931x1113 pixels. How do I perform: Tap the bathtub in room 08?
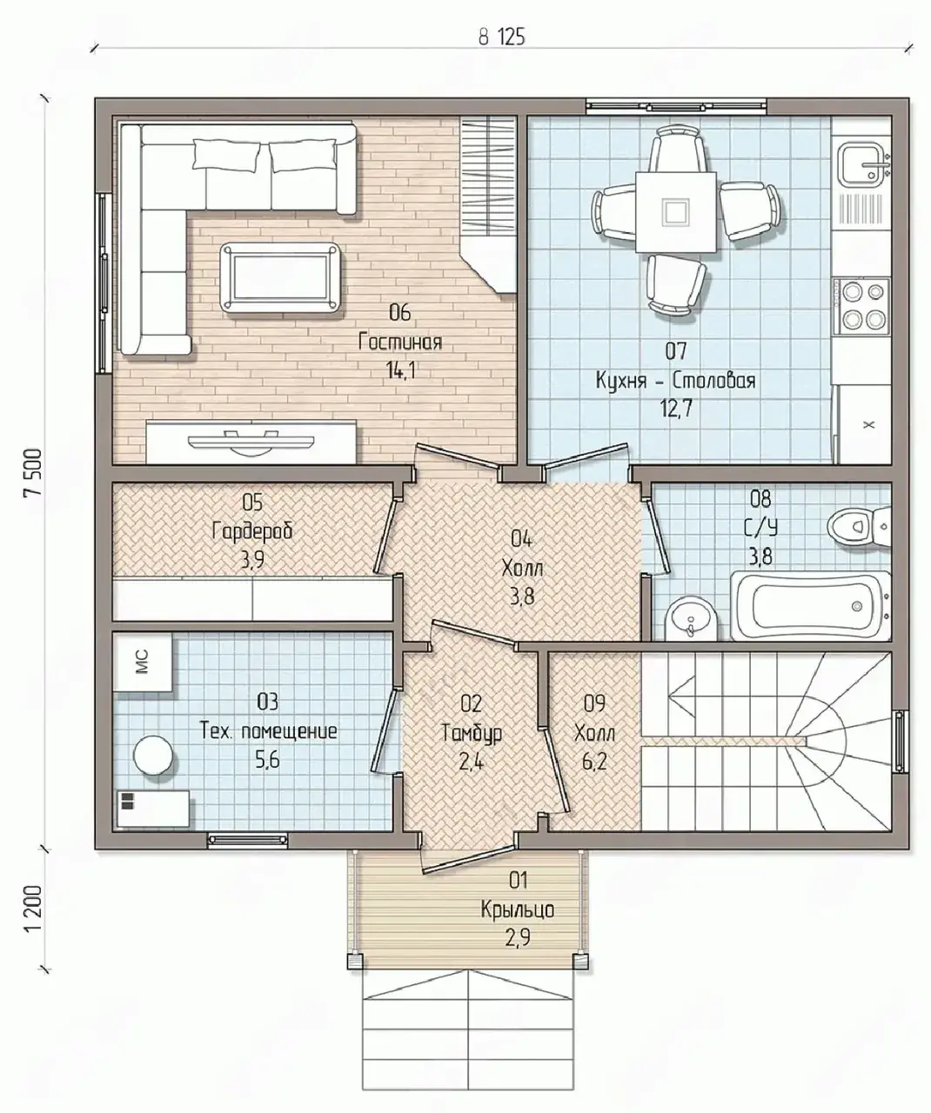pyautogui.click(x=810, y=606)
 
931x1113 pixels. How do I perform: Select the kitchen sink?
pyautogui.click(x=865, y=163)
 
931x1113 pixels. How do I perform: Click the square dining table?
pyautogui.click(x=675, y=212)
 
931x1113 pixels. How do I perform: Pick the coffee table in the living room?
pyautogui.click(x=281, y=277)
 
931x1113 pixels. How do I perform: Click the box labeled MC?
pyautogui.click(x=143, y=663)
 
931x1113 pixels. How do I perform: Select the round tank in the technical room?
pyautogui.click(x=153, y=755)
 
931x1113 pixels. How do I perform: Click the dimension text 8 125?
pyautogui.click(x=501, y=38)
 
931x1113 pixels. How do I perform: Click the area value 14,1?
pyautogui.click(x=400, y=370)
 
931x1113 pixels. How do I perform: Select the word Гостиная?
pyautogui.click(x=400, y=342)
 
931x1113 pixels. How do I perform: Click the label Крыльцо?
pyautogui.click(x=518, y=910)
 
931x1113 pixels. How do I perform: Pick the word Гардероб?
pyautogui.click(x=252, y=531)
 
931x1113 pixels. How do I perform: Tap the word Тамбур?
pyautogui.click(x=472, y=734)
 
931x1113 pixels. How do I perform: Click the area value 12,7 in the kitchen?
pyautogui.click(x=676, y=409)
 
